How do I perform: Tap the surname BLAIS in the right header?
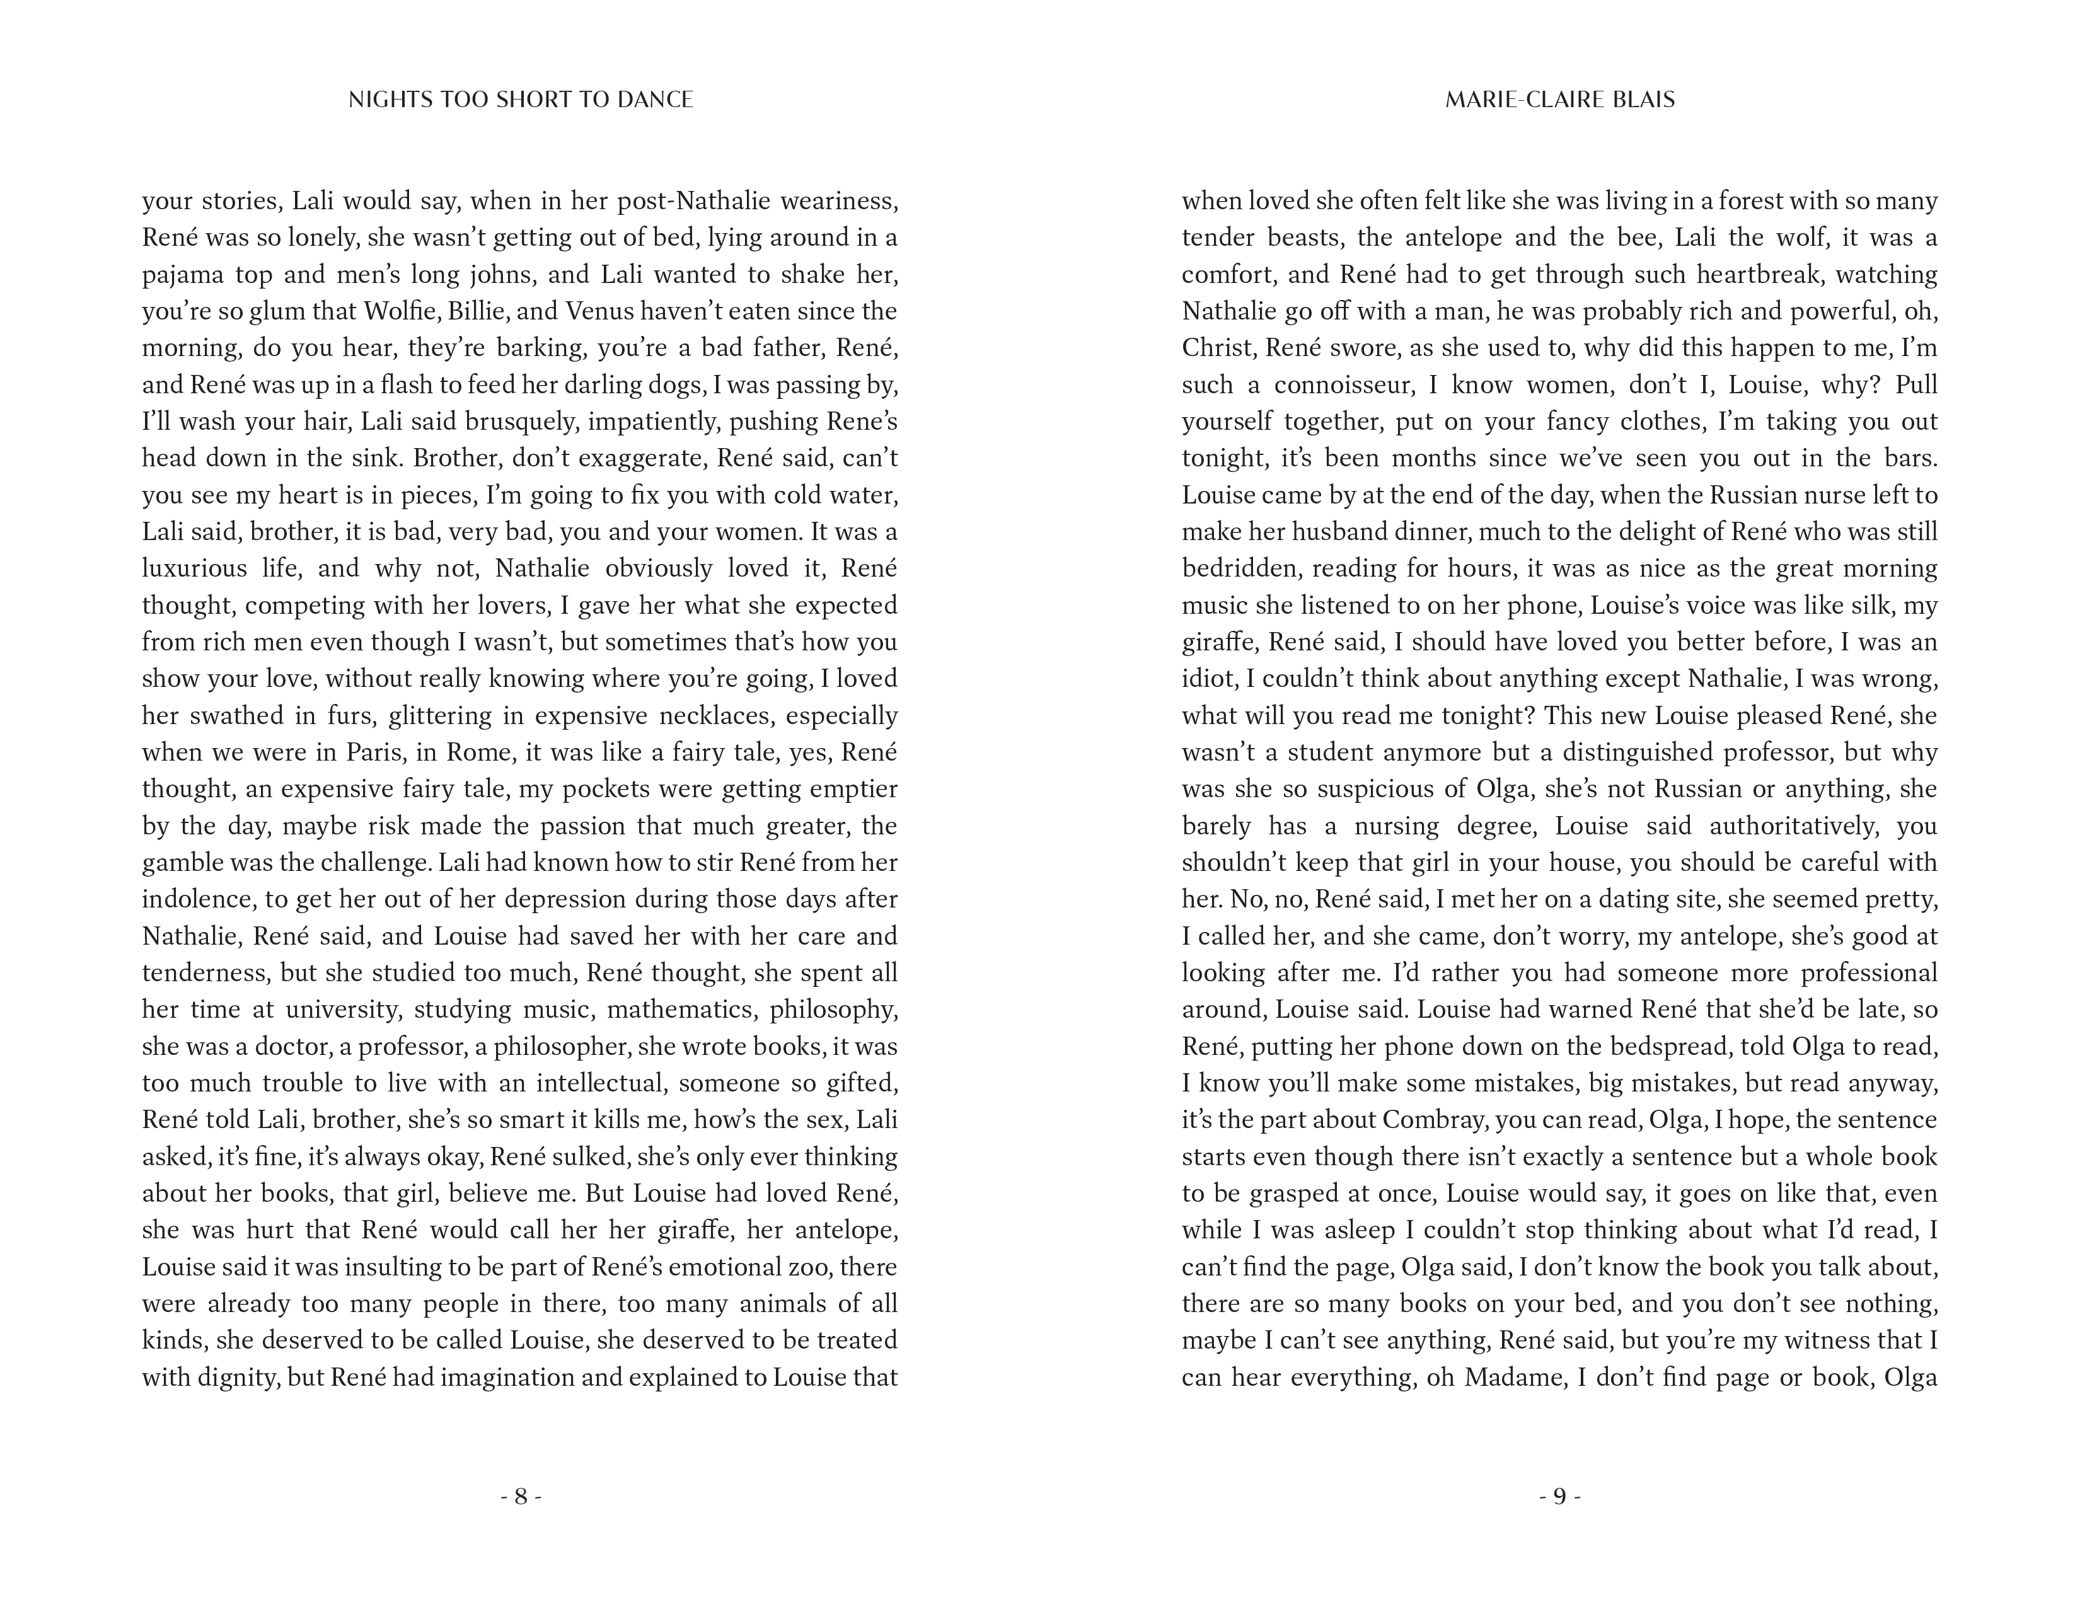(1638, 100)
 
